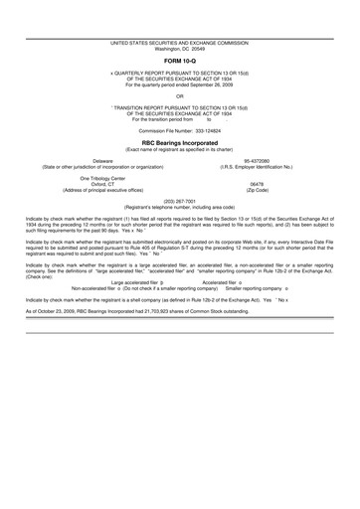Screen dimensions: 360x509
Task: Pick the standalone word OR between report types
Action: tap(180, 95)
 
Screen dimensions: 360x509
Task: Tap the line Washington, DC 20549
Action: tap(180, 48)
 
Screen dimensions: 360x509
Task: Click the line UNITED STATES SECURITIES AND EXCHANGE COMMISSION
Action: tap(180, 42)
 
